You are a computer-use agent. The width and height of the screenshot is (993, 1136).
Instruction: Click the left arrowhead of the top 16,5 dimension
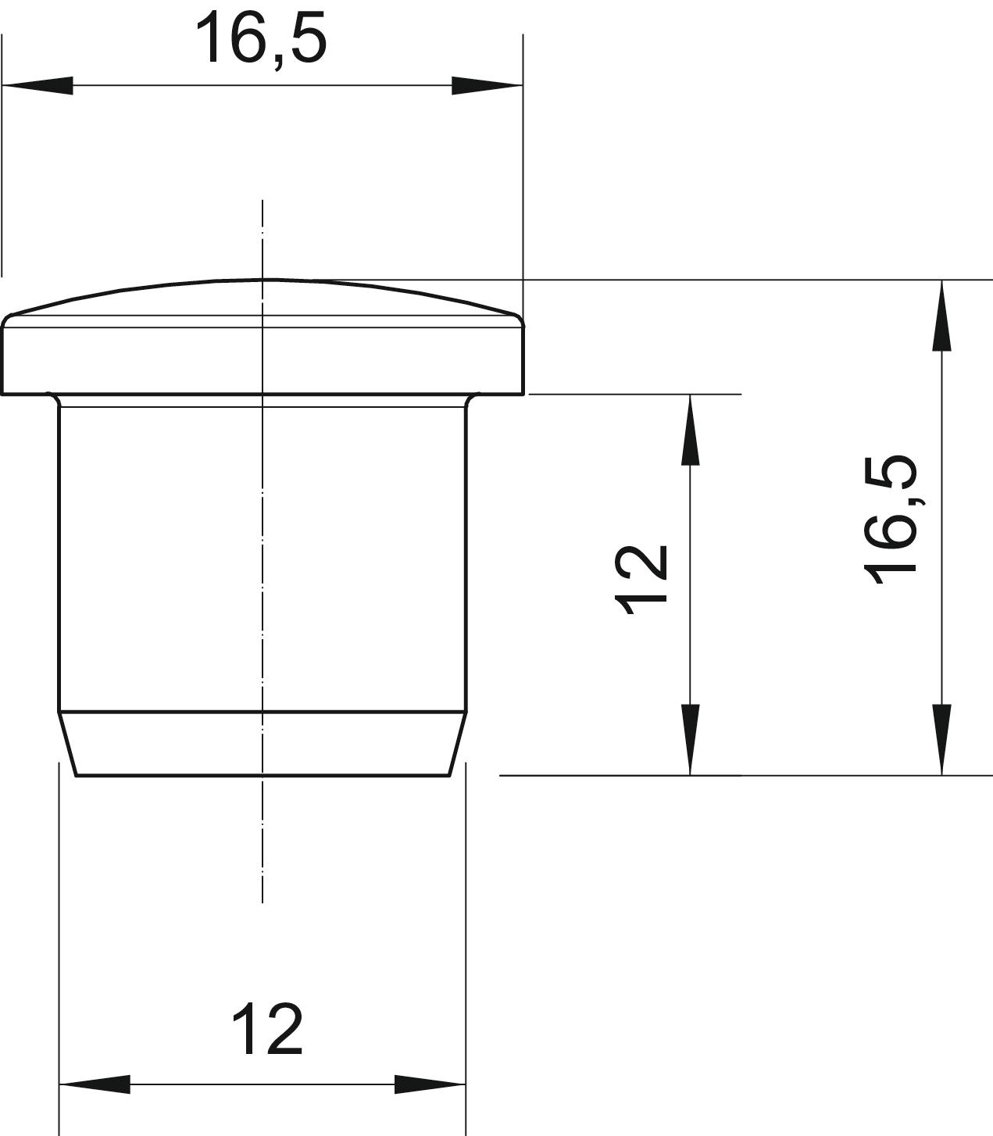point(38,85)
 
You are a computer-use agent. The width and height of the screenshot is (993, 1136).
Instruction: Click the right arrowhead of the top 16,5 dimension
point(488,85)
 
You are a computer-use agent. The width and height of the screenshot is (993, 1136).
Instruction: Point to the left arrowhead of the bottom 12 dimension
point(95,1084)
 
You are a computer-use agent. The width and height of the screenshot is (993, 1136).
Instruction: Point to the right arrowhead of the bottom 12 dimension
point(430,1084)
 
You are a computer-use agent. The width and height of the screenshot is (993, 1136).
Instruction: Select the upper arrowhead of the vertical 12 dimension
point(690,430)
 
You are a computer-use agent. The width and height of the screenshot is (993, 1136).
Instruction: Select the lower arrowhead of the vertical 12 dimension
point(690,740)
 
